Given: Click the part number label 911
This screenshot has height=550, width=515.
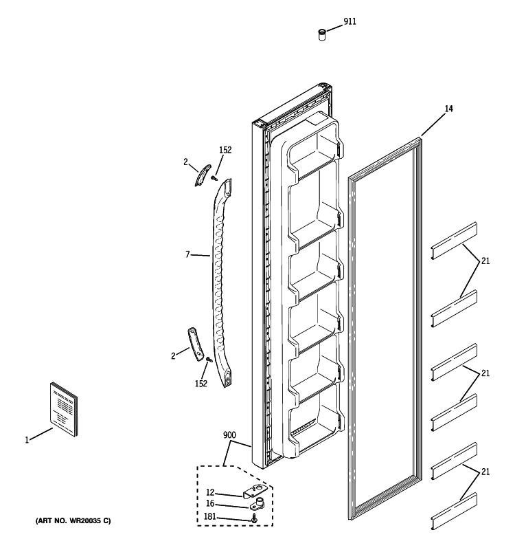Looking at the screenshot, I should (350, 22).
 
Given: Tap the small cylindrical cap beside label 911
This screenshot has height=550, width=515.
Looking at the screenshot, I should (321, 33).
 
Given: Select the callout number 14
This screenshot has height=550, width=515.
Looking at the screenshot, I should (448, 109).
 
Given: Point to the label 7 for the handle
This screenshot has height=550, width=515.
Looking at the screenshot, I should (187, 255).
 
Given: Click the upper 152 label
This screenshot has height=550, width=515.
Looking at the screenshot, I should (225, 150).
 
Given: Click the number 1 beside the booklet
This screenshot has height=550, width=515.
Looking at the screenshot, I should (27, 440).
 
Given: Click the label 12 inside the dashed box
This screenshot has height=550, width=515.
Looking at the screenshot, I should (211, 492).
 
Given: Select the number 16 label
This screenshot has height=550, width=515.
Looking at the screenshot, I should (211, 504).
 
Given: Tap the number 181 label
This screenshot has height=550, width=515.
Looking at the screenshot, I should (209, 516).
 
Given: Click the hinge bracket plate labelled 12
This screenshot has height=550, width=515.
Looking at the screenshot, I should (255, 492).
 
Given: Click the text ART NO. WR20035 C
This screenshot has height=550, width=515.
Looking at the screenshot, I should (73, 520).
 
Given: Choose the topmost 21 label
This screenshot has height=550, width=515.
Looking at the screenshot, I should (485, 261).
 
